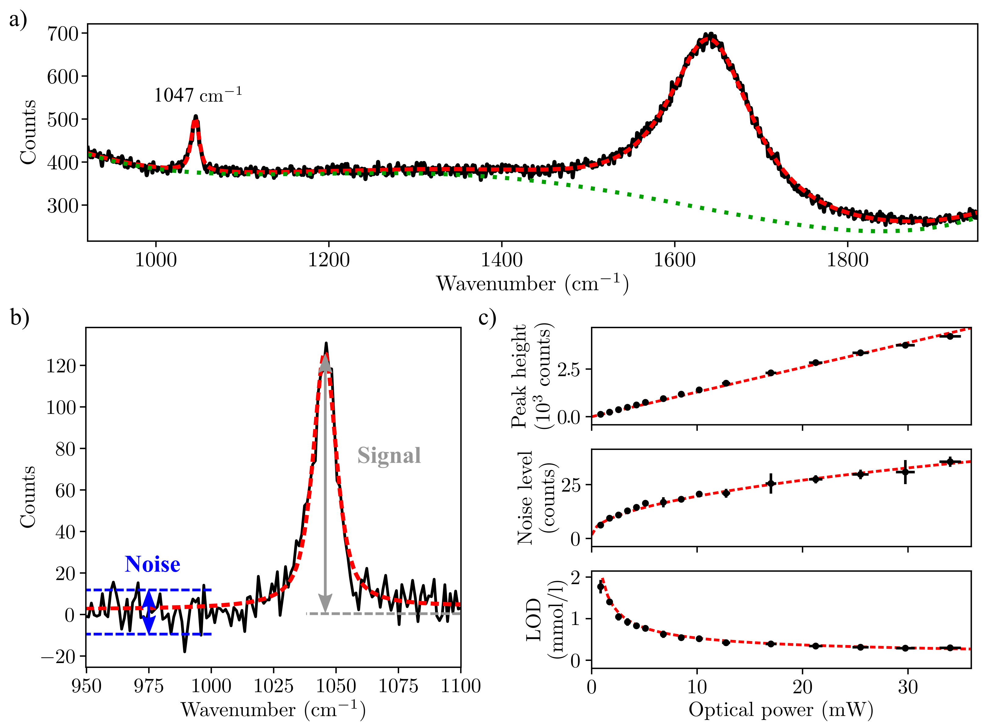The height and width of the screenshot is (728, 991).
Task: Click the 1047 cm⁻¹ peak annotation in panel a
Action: [x=198, y=95]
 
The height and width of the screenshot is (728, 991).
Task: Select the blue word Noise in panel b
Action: [x=152, y=565]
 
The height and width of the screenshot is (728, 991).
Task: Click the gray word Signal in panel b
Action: [x=389, y=456]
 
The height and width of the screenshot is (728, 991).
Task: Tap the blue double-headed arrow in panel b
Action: [x=149, y=612]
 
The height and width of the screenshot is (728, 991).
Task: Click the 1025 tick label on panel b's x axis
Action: [x=273, y=686]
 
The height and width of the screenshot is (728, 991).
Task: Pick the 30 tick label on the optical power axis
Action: [x=908, y=687]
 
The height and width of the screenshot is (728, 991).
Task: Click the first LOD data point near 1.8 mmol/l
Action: [x=600, y=587]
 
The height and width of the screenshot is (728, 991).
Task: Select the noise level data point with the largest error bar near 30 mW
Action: [x=905, y=472]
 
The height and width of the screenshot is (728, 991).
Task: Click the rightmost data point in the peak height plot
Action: [x=950, y=336]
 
